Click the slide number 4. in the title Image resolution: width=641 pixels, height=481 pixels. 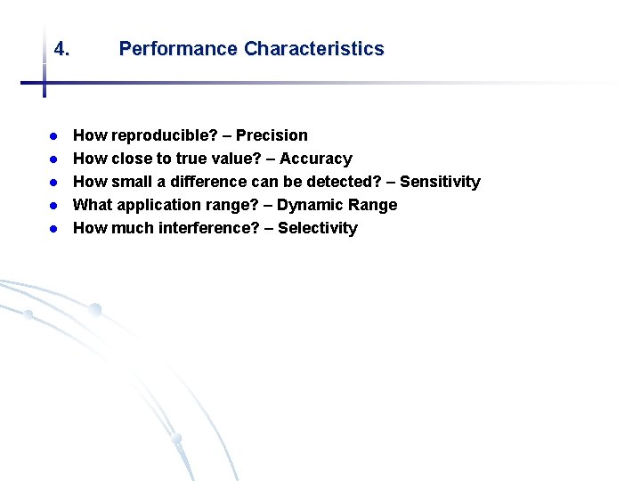(61, 49)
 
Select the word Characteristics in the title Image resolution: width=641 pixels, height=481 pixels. (313, 49)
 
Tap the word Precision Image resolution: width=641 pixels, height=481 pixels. (272, 135)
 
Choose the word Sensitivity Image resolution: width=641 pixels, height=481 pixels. (440, 182)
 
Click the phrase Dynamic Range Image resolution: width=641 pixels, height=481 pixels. (337, 205)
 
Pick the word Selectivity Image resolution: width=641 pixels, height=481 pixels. (317, 228)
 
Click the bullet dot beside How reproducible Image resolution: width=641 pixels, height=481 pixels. (53, 136)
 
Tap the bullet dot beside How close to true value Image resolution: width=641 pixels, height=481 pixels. (53, 159)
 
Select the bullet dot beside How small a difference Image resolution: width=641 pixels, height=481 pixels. (53, 183)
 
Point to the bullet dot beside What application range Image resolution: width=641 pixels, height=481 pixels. (53, 206)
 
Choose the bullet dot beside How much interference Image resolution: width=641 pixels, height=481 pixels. (53, 229)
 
